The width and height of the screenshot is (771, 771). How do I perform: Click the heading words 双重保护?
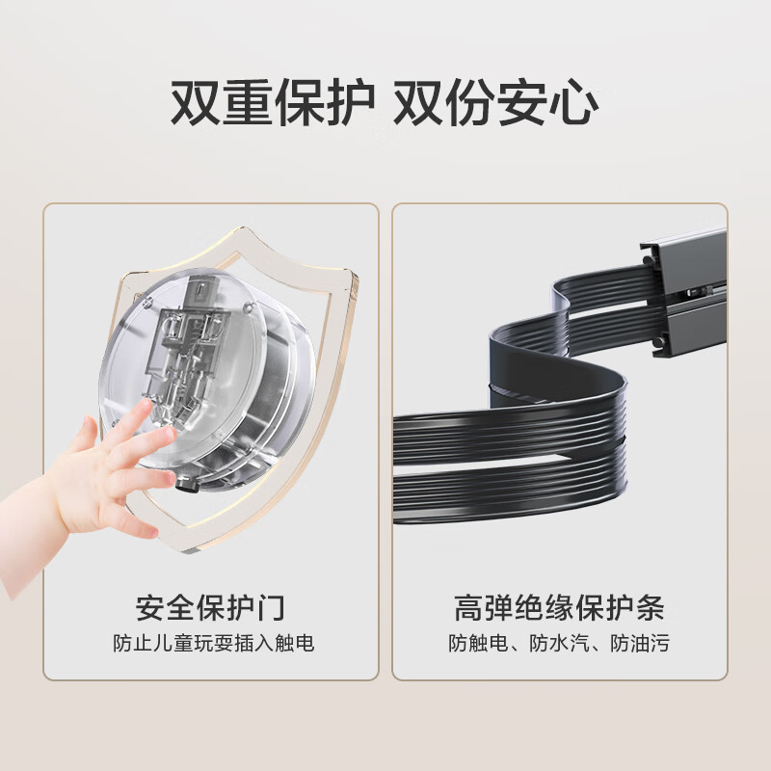(x=272, y=104)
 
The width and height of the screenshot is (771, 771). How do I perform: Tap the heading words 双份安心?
(x=495, y=104)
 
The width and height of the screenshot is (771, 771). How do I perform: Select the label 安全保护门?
(x=211, y=608)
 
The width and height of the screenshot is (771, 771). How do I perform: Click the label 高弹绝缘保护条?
(x=559, y=608)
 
